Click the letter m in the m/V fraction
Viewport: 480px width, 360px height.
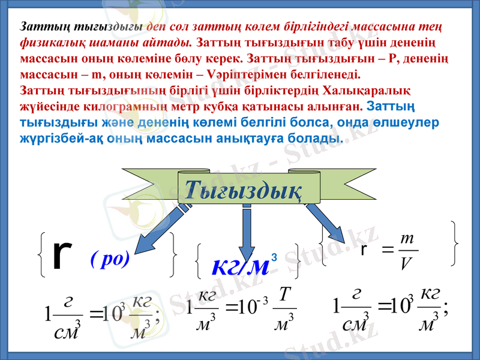(x=406, y=239)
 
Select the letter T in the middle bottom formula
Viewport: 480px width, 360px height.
(x=285, y=295)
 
